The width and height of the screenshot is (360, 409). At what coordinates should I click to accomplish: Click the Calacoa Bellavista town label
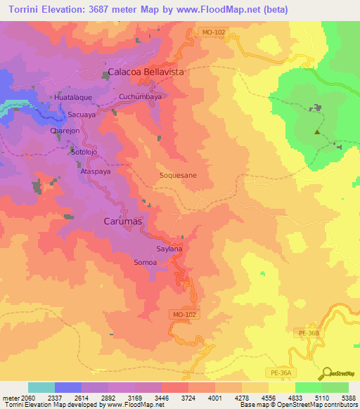pos(145,72)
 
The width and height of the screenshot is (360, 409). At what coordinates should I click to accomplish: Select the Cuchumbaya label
pos(140,97)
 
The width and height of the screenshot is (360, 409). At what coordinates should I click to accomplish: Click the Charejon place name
pos(67,131)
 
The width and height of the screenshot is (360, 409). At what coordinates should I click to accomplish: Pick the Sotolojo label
pos(82,151)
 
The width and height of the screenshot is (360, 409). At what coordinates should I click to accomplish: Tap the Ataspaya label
pos(95,171)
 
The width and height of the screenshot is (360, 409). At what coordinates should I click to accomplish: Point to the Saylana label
pos(169,249)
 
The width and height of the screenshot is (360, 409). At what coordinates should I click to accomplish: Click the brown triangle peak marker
pos(318,131)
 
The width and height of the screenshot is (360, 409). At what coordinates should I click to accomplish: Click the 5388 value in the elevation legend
pos(348,397)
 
